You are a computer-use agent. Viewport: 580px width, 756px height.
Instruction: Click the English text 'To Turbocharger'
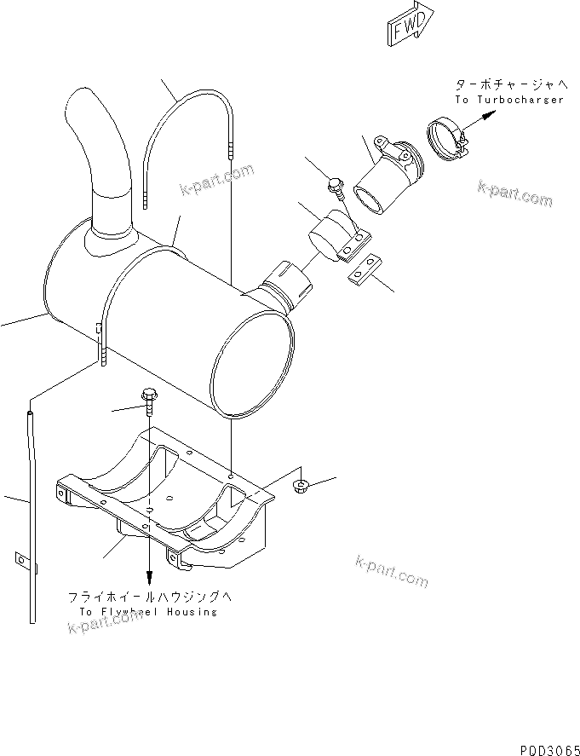[508, 100]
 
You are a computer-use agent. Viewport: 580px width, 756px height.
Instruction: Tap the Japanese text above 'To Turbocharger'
[509, 84]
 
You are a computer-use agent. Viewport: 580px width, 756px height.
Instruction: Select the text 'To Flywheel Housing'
[148, 611]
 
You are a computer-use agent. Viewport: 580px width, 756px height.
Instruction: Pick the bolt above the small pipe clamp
[335, 187]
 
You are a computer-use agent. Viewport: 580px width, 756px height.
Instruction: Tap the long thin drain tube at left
[34, 511]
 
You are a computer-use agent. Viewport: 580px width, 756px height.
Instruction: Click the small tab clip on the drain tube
[20, 560]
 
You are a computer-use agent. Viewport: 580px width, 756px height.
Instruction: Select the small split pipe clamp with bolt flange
[336, 235]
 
